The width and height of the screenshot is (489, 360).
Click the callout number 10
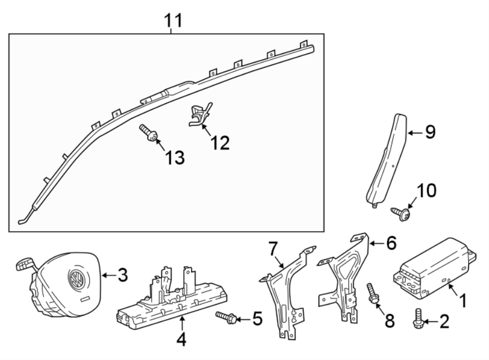pyautogui.click(x=426, y=191)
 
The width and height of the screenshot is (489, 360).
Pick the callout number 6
pyautogui.click(x=391, y=243)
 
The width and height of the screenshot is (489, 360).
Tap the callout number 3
pyautogui.click(x=122, y=276)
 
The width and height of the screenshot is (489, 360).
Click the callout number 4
pyautogui.click(x=181, y=340)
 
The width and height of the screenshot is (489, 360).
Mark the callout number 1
pyautogui.click(x=463, y=300)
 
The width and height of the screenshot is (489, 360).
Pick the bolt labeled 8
pyautogui.click(x=373, y=294)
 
